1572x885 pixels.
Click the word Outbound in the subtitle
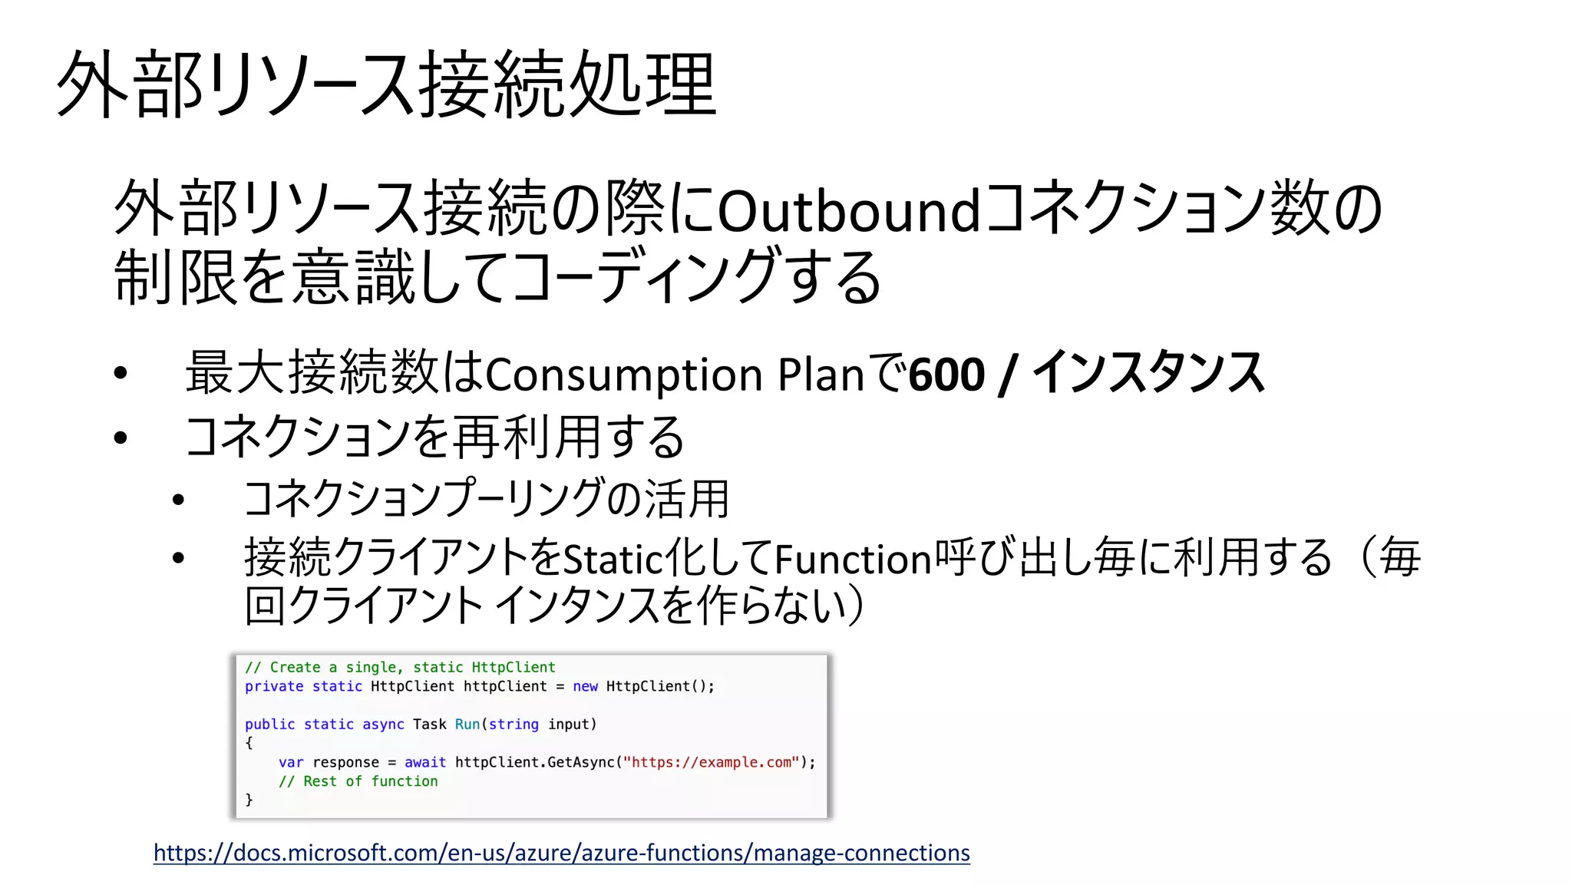[x=848, y=210]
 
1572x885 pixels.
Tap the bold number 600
[x=946, y=375]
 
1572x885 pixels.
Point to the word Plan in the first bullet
[x=821, y=375]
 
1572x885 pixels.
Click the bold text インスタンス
[x=1148, y=373]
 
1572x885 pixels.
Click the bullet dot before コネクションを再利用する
[x=121, y=438]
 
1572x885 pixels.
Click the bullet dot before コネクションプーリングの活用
[x=179, y=500]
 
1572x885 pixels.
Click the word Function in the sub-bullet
[x=853, y=559]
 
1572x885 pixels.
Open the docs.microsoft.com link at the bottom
[x=561, y=853]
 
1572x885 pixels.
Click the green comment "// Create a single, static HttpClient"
[x=400, y=667]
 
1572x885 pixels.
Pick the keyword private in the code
[x=274, y=686]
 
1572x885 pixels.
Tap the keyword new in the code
[x=585, y=686]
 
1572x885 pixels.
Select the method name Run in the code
[x=467, y=724]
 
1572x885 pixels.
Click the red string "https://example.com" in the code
[x=711, y=762]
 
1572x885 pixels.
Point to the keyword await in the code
[x=425, y=762]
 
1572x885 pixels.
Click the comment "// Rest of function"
[x=358, y=781]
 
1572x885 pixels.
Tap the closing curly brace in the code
[x=249, y=800]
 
